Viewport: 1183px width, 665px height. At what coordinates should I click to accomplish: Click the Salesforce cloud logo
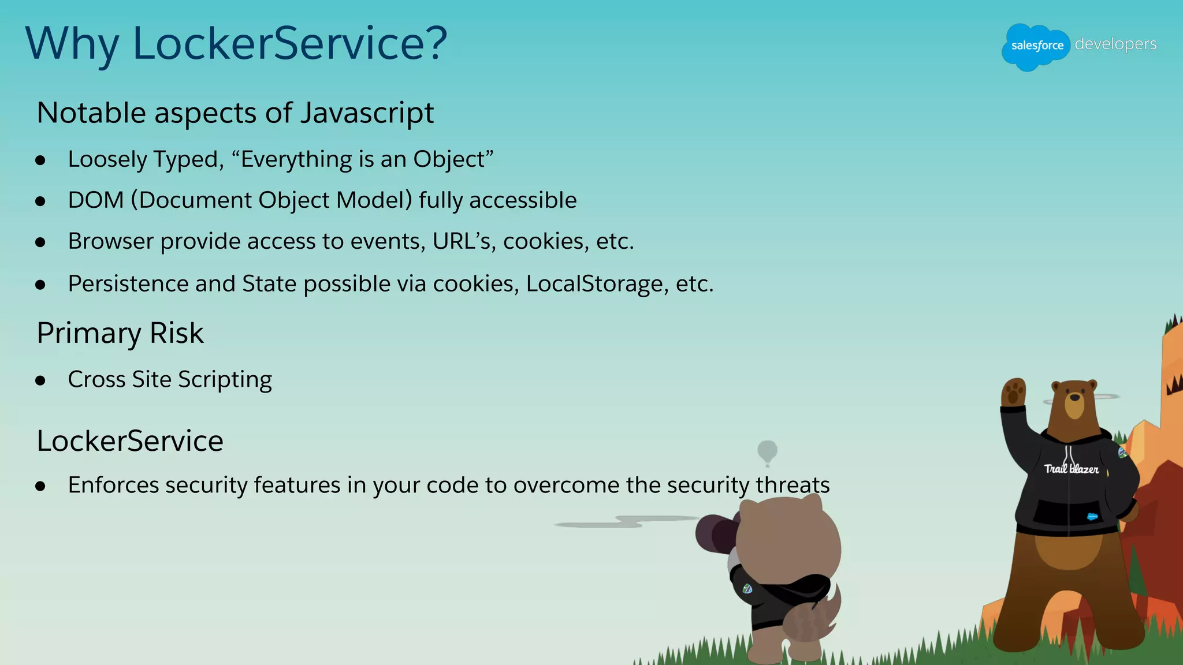[1036, 46]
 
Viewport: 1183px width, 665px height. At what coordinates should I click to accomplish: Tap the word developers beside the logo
[1115, 44]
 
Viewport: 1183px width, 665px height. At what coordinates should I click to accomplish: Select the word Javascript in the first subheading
[367, 113]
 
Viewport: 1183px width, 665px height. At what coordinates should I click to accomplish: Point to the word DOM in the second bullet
[96, 200]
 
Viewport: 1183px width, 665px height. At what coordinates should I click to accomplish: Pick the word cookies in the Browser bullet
[546, 241]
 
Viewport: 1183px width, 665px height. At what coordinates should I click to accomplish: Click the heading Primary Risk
[120, 333]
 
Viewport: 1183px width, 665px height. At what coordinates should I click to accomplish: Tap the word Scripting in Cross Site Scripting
[225, 380]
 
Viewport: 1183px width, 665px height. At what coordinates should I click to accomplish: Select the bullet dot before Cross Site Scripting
[40, 380]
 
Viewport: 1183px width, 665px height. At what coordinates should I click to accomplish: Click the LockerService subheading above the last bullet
[130, 441]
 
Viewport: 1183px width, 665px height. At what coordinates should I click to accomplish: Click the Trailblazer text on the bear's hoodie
[1071, 469]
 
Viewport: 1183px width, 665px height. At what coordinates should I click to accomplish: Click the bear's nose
[1074, 397]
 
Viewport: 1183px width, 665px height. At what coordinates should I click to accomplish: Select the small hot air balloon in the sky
[767, 451]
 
